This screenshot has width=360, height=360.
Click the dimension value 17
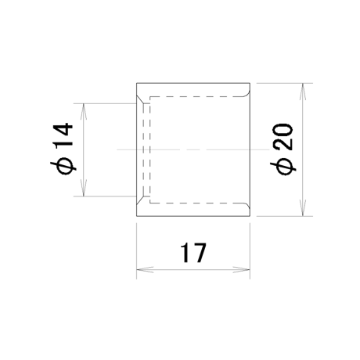[193, 253]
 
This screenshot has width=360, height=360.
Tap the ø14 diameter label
[62, 149]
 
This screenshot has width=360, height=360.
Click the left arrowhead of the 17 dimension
[145, 269]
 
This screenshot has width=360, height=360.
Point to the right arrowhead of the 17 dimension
[241, 269]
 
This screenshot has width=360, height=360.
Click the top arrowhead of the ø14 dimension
[83, 112]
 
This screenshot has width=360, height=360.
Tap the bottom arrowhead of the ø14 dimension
[83, 187]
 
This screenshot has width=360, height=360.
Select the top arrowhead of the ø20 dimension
[302, 92]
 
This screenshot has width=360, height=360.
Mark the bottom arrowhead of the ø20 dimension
[302, 207]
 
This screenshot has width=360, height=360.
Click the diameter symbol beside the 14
[63, 166]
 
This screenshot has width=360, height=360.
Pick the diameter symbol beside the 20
[283, 167]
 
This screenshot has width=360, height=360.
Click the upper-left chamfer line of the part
[140, 100]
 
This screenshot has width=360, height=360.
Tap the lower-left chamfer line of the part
[140, 200]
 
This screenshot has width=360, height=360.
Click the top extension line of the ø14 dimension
[105, 103]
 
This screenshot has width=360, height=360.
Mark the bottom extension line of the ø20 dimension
[285, 216]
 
